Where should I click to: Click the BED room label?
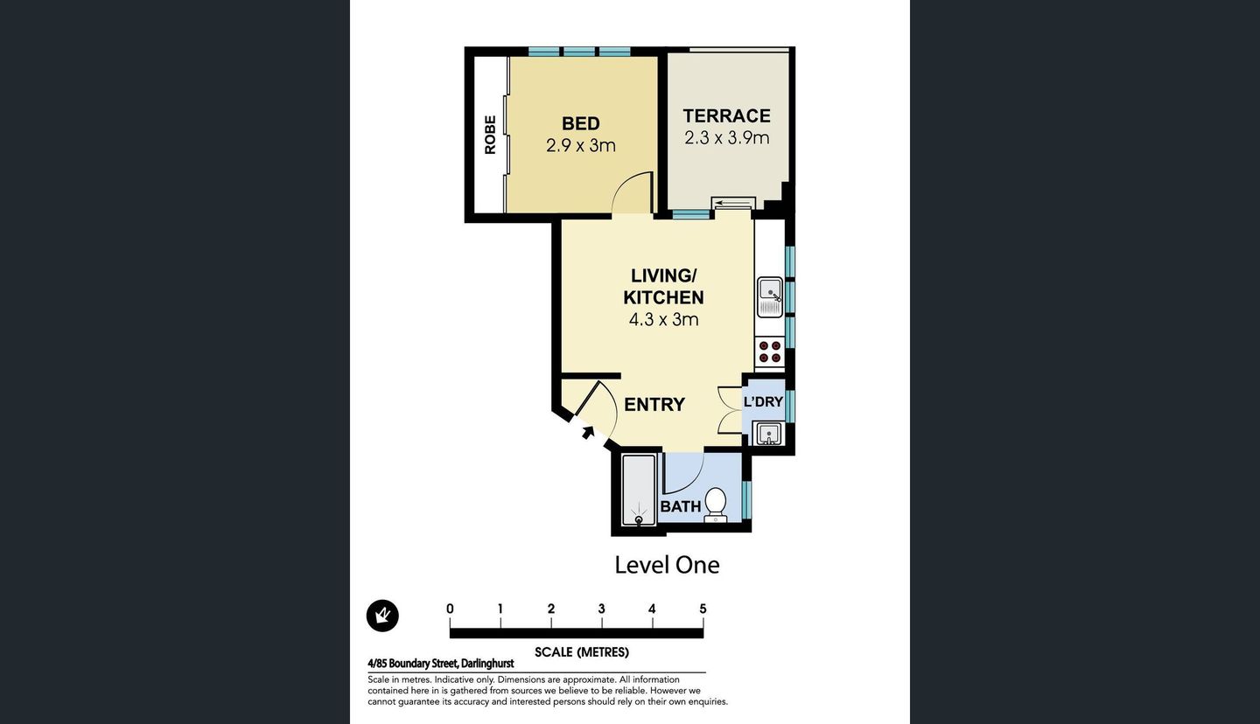(580, 123)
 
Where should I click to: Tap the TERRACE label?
(726, 115)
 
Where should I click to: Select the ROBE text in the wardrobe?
(490, 135)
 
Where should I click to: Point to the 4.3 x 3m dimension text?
(663, 319)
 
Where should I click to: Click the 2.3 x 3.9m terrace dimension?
(726, 137)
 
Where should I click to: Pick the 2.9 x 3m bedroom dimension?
(580, 145)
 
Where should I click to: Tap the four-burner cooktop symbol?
(770, 352)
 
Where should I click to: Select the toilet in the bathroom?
(716, 505)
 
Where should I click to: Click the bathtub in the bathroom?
(638, 491)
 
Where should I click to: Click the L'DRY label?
(763, 401)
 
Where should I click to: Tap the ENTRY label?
(654, 404)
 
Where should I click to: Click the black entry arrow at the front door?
(587, 431)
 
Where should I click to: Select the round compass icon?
(382, 616)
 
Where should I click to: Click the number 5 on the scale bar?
(703, 609)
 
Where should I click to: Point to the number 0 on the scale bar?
(450, 609)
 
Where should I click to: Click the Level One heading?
(667, 565)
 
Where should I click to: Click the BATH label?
(680, 506)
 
